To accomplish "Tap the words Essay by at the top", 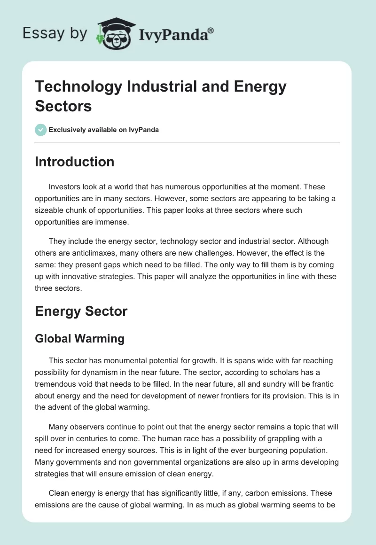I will pyautogui.click(x=55, y=33).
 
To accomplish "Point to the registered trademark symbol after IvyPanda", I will pyautogui.click(x=211, y=30).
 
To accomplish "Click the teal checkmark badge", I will pyautogui.click(x=41, y=130).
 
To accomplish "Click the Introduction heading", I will pyautogui.click(x=75, y=162).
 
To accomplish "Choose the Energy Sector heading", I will pyautogui.click(x=81, y=311).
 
